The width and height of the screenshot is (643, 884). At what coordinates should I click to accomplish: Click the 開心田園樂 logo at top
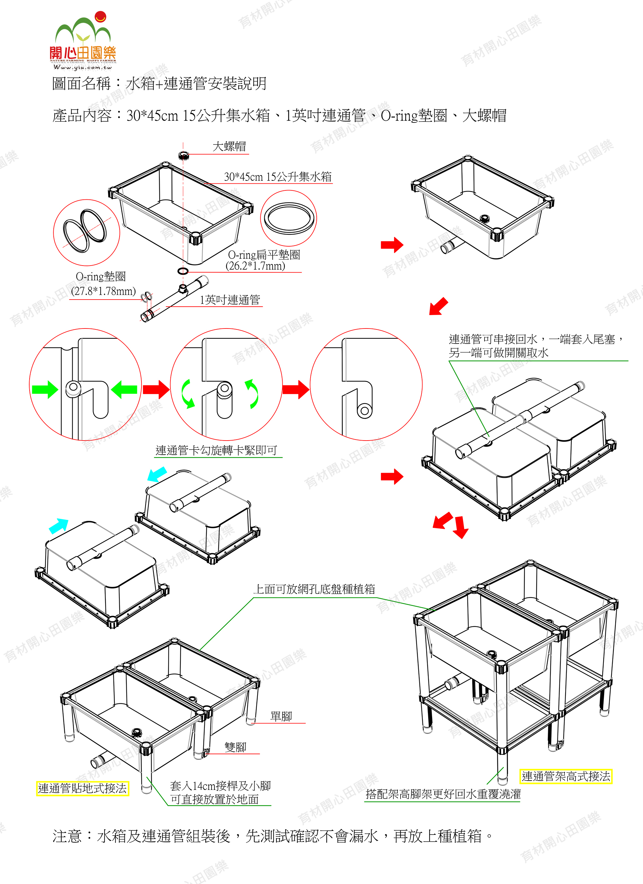(x=83, y=40)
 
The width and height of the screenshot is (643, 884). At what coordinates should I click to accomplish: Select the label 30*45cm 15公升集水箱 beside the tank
(x=278, y=177)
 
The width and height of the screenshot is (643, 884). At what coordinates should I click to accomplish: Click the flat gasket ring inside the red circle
(x=289, y=218)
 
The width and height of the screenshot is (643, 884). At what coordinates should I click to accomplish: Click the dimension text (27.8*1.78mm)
(x=104, y=291)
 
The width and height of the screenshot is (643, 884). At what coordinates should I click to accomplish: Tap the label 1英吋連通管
(x=230, y=300)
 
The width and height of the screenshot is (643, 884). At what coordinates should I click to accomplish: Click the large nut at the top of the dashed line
(x=183, y=155)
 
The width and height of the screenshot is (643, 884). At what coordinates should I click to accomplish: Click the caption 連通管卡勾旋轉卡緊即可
(x=217, y=450)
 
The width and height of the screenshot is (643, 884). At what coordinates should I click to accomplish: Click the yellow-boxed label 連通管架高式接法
(x=566, y=776)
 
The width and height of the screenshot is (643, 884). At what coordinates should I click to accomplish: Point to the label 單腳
(x=281, y=716)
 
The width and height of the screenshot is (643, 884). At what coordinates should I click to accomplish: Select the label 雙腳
(x=235, y=747)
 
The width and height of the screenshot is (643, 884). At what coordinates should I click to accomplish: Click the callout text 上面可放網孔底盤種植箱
(x=314, y=589)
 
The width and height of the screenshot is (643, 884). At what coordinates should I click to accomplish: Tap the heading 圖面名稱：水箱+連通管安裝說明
(x=159, y=83)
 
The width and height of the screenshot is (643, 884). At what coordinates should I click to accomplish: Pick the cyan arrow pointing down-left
(x=157, y=474)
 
